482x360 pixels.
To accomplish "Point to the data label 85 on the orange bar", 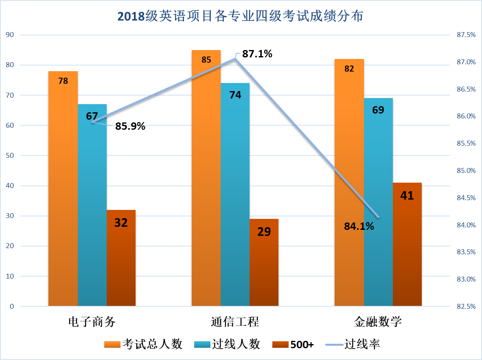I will coord(206,60).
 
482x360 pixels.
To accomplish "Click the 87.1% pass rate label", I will coord(257,54).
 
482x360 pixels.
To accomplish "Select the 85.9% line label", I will coord(130,126).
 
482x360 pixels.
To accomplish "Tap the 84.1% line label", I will coord(359,226).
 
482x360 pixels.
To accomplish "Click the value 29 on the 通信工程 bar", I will coord(264,231).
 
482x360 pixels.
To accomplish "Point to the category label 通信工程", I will coord(235,322).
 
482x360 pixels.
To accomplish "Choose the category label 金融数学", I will coord(378,322).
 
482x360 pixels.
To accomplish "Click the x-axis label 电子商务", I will coord(92,322).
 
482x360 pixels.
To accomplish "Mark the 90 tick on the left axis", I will coord(11,35).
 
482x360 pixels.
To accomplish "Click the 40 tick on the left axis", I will coord(11,186).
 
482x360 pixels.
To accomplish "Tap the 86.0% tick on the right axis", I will coord(466,116).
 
